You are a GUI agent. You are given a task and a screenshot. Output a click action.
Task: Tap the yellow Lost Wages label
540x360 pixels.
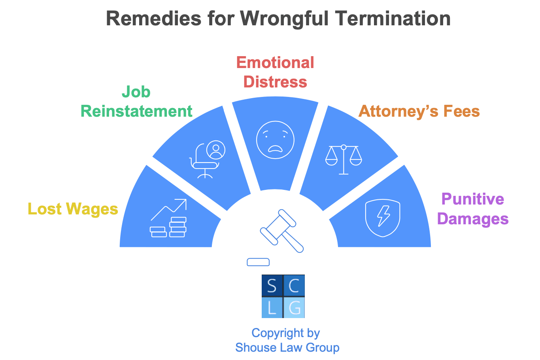73,209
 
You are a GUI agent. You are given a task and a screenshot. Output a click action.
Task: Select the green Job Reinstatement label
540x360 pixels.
136,102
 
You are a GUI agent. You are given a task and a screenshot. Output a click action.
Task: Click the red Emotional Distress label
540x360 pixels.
275,72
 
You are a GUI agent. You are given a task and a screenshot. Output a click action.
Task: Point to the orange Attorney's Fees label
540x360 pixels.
419,111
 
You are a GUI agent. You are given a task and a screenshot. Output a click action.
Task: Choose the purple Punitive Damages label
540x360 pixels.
473,208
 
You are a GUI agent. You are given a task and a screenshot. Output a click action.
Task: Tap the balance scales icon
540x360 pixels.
344,159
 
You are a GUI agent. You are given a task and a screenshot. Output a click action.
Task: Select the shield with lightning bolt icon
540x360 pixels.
383,218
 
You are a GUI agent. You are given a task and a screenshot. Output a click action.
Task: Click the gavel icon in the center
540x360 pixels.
282,231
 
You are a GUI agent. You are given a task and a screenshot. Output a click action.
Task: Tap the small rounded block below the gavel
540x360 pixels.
258,262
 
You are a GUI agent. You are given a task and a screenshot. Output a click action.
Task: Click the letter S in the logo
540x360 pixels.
272,286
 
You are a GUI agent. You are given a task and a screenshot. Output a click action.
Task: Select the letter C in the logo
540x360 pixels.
294,286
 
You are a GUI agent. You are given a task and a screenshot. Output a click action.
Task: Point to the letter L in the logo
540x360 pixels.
272,307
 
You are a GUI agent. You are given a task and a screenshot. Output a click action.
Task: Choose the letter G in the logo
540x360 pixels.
294,307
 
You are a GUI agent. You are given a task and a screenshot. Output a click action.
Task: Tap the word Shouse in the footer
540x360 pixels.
253,347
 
